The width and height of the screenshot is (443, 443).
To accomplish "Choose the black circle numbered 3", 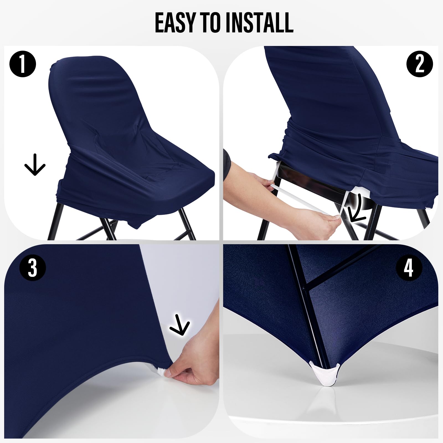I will [x=32, y=267].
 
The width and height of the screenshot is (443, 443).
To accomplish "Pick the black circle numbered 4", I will [x=409, y=267].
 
